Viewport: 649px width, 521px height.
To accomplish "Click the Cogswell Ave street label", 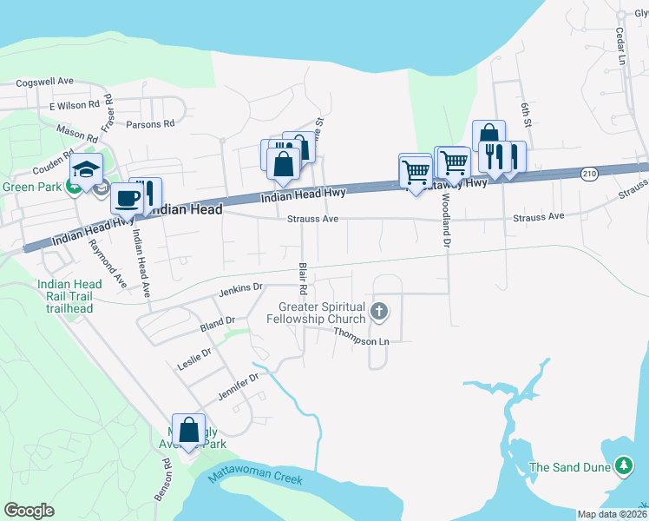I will click(44, 81).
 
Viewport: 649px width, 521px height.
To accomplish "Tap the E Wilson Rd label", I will click(75, 105).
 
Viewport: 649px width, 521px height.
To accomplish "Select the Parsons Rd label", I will click(150, 124).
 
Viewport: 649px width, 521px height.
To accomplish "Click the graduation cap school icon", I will click(87, 169).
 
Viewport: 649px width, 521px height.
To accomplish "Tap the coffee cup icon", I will click(127, 197).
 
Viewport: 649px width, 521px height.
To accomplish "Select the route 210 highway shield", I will click(589, 175).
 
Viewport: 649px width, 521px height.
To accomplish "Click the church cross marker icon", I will click(378, 311).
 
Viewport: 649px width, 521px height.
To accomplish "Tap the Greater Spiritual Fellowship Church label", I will click(322, 313).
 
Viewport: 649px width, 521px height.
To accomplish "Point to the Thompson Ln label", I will click(361, 340).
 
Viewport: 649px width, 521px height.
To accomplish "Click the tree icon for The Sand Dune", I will click(623, 467).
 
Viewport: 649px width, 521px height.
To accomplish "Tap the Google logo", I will click(29, 511).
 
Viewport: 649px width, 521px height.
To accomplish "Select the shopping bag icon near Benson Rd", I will click(188, 430).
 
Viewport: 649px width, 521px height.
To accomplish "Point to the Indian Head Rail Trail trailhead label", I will click(69, 295).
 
